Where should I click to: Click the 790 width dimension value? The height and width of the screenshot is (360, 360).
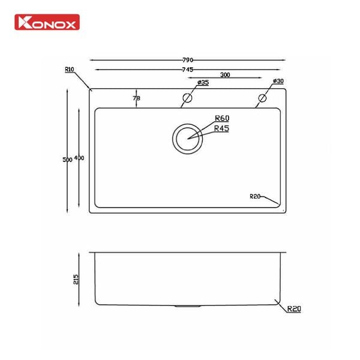coord(188,60)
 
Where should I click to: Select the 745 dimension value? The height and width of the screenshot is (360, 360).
coord(188,70)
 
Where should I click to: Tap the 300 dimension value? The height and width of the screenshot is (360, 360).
coord(226,76)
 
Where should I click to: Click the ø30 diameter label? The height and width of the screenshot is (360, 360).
coord(278,81)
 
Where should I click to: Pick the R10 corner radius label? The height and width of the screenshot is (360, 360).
coord(68,70)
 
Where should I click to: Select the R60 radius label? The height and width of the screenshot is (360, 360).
coord(222,119)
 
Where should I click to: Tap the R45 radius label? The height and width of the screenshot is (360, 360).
coord(222,128)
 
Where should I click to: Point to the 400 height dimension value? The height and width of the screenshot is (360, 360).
coord(79,158)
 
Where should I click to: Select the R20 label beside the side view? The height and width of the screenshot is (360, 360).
coord(293,310)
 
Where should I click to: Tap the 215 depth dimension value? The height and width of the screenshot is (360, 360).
coord(75,279)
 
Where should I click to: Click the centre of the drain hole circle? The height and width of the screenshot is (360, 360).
coord(188,138)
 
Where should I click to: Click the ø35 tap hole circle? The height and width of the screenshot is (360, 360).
coord(187,98)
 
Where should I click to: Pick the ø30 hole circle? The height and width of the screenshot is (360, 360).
coord(263,98)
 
